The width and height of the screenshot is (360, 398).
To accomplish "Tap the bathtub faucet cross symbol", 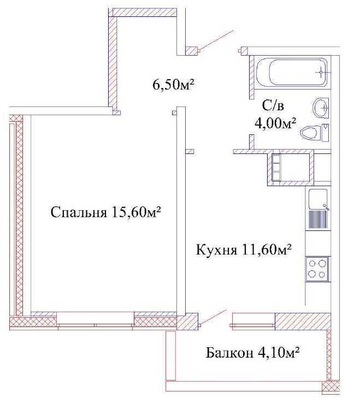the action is click(x=321, y=73).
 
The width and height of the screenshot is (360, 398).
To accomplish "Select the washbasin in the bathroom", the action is click(x=321, y=108).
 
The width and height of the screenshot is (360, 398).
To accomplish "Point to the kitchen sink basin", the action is click(x=318, y=199).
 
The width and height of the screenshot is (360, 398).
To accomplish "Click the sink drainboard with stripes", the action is click(x=318, y=219).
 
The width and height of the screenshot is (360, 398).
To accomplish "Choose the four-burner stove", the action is click(x=317, y=270).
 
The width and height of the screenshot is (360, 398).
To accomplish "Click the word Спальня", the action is click(x=79, y=212).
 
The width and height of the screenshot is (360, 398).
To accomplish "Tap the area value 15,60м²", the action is click(x=136, y=212).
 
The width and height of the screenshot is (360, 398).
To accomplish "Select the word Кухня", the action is click(x=217, y=250).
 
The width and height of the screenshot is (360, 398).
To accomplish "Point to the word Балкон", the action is click(x=229, y=353).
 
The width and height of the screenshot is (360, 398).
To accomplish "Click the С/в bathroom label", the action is click(x=273, y=106).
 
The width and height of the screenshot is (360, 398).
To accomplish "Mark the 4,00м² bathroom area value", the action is click(x=276, y=123).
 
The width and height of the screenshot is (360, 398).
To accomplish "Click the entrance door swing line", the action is click(x=217, y=40).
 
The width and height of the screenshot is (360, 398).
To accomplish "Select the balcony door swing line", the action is click(x=214, y=317).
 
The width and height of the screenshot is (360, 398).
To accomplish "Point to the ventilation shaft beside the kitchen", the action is click(x=291, y=168).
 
